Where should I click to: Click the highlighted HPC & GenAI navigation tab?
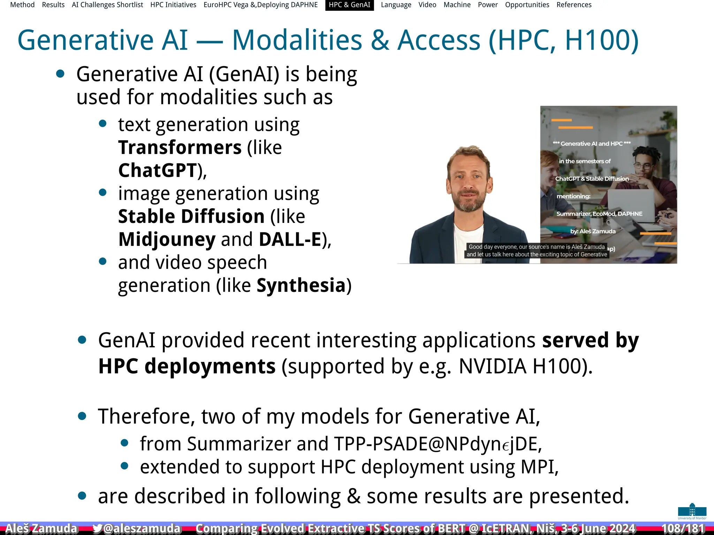pos(349,5)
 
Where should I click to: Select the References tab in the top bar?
pos(574,5)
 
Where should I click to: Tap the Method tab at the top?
pos(22,5)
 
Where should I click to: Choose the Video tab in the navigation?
pos(427,5)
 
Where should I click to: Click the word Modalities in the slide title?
pos(297,40)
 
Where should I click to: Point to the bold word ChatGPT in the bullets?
pos(158,170)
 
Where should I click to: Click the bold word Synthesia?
pos(301,286)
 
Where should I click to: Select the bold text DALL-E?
pos(290,239)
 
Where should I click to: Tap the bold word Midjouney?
pos(167,239)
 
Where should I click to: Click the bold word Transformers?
pos(180,147)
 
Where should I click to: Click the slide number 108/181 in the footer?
pos(683,528)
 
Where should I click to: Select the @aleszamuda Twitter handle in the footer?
pos(142,528)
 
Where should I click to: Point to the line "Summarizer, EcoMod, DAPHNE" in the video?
pos(599,214)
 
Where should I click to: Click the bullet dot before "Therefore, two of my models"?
pos(82,416)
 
